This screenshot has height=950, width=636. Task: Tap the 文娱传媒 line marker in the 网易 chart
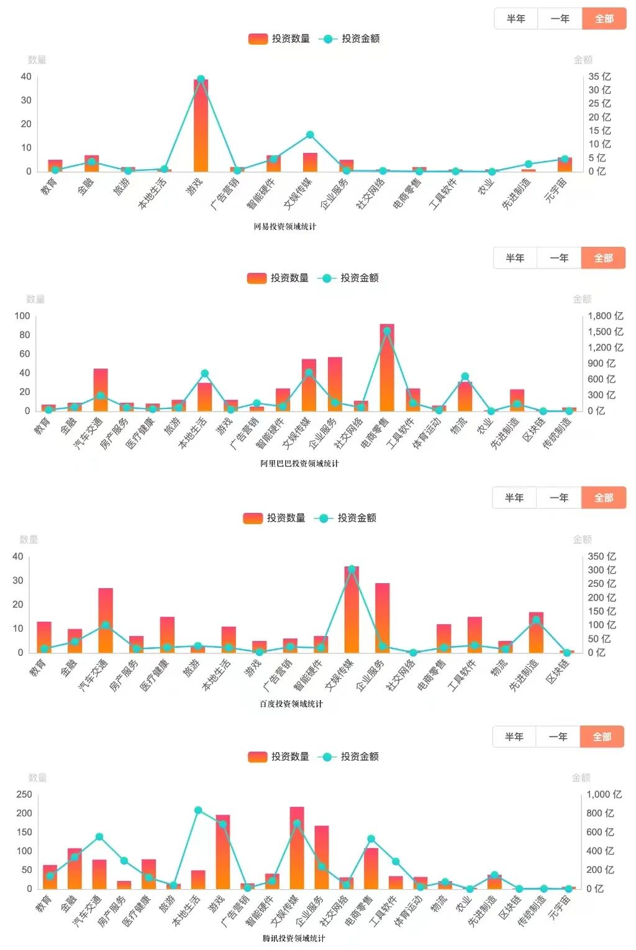[x=310, y=135]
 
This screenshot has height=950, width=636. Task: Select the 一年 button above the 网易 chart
[x=560, y=19]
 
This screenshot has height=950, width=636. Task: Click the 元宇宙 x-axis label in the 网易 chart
[x=556, y=189]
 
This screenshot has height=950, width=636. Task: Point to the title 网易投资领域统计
[x=284, y=226]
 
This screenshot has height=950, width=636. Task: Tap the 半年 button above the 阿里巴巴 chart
[x=515, y=258]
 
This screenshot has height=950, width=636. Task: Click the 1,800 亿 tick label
[x=605, y=316]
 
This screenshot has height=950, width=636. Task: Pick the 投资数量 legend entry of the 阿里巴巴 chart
[x=278, y=278]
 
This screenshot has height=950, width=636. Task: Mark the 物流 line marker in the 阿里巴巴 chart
[x=465, y=377]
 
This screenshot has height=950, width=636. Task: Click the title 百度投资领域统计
[x=291, y=704]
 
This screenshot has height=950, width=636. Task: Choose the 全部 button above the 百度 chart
[x=603, y=497]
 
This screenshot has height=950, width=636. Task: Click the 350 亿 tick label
[x=602, y=556]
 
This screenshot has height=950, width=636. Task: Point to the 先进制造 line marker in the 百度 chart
[x=536, y=619]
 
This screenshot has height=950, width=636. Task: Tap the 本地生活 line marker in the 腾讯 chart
[x=198, y=810]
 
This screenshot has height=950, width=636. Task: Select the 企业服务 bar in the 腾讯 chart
[x=322, y=857]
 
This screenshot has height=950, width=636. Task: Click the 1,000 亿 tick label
[x=604, y=795]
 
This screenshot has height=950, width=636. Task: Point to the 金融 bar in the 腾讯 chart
[x=75, y=869]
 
